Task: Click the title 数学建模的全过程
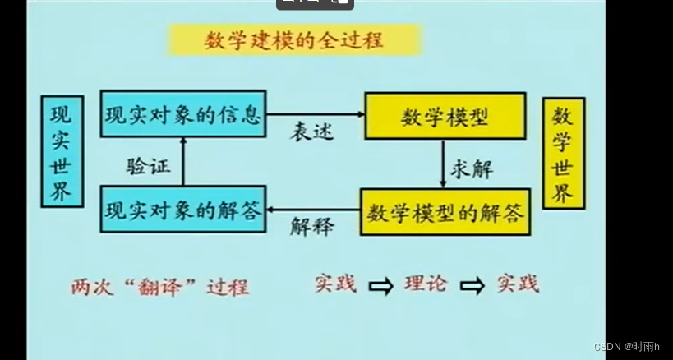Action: click(x=293, y=39)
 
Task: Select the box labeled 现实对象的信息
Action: click(x=183, y=114)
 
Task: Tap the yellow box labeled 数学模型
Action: click(x=445, y=117)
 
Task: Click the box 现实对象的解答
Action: click(x=183, y=210)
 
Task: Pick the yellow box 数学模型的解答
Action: click(x=445, y=213)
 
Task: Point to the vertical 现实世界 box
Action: click(x=62, y=150)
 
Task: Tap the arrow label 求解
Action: click(x=471, y=168)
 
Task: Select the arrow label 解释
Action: click(x=311, y=227)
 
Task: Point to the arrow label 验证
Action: click(x=148, y=165)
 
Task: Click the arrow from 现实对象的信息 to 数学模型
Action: click(x=316, y=115)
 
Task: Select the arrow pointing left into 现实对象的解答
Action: click(x=312, y=211)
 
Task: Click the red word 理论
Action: click(x=426, y=284)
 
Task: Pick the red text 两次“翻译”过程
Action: click(x=159, y=287)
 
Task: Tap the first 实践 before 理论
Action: click(x=335, y=284)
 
